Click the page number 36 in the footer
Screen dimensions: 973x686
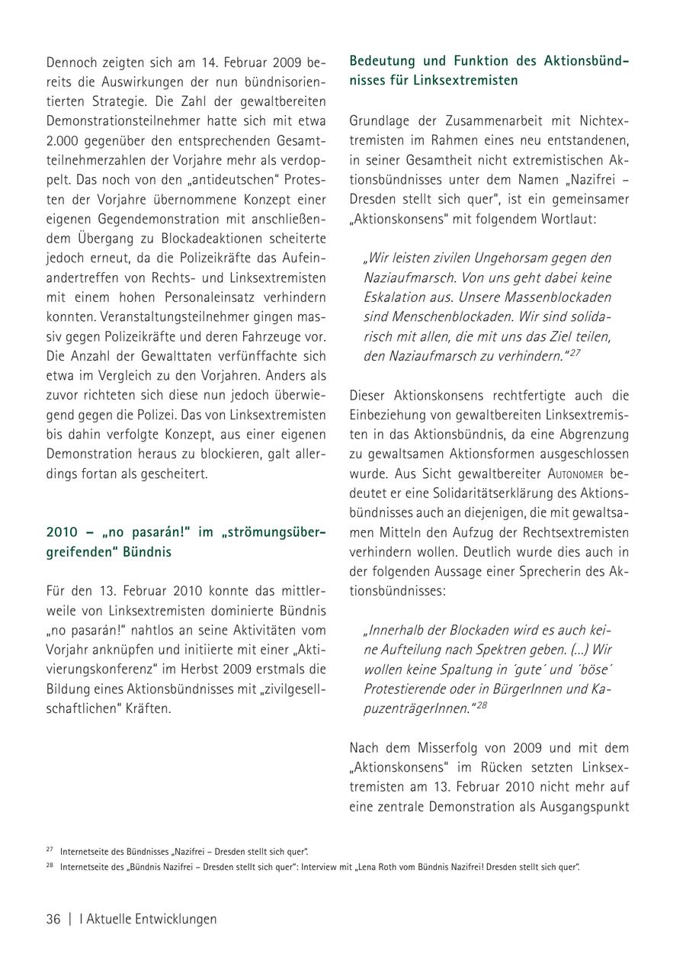click(53, 919)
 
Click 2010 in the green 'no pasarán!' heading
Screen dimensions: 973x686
click(62, 531)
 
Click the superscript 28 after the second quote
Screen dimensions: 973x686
click(481, 705)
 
